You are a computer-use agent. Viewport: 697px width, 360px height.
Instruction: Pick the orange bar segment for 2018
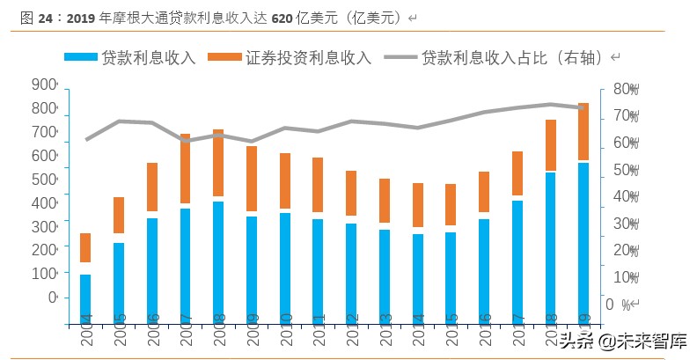pyautogui.click(x=549, y=145)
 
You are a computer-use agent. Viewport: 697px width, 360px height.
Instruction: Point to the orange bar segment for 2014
pyautogui.click(x=417, y=205)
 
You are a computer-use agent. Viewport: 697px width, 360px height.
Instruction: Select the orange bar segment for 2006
pyautogui.click(x=152, y=187)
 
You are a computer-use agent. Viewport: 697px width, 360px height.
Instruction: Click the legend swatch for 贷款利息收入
pyautogui.click(x=80, y=56)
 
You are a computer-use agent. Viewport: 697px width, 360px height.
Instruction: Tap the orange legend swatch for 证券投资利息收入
pyautogui.click(x=224, y=56)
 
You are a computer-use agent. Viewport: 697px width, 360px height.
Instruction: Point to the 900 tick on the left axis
pyautogui.click(x=44, y=84)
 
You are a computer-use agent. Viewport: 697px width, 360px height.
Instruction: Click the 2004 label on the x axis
pyautogui.click(x=86, y=331)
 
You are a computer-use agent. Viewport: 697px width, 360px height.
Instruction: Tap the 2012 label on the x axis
pyautogui.click(x=351, y=331)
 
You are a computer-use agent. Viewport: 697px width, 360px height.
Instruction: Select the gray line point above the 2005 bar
pyautogui.click(x=119, y=121)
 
